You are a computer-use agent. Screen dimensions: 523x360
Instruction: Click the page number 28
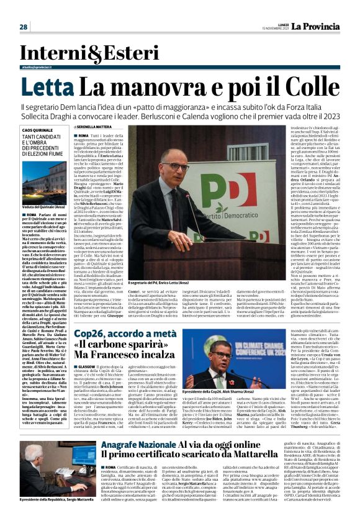23,27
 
